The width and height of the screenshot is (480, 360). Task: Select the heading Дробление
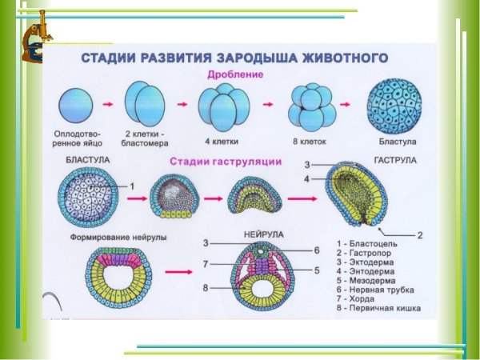click(235, 74)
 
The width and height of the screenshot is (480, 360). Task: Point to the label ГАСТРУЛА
click(394, 161)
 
